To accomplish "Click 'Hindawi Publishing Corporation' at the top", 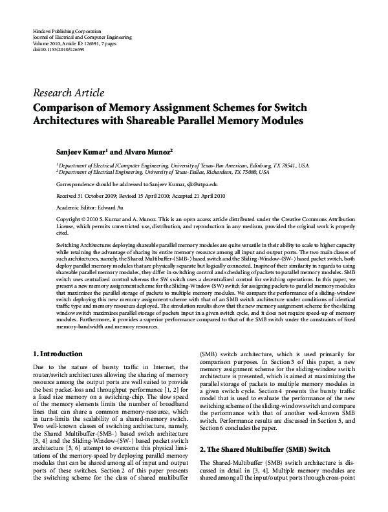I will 66,31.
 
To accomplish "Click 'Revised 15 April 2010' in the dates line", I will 150,195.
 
